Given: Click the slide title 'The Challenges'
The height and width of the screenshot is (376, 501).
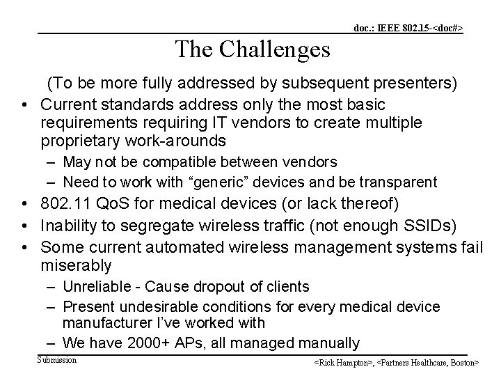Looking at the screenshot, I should (x=253, y=49).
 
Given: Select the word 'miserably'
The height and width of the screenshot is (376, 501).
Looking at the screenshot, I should (x=76, y=265).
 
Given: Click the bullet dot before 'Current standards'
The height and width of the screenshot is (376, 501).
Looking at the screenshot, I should (x=23, y=104).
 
